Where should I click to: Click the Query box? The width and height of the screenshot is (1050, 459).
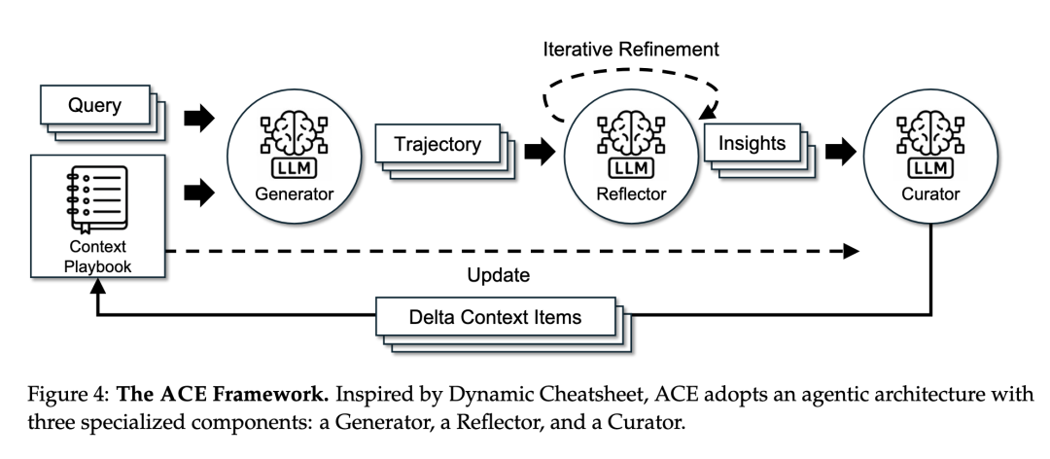[x=95, y=105]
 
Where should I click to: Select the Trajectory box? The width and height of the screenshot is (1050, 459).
[x=437, y=143]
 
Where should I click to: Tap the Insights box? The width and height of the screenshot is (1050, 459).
[x=752, y=143]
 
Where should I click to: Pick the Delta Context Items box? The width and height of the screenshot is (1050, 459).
[x=496, y=316]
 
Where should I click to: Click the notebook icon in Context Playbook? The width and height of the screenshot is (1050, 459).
[x=96, y=199]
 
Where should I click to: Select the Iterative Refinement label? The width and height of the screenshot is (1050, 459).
[x=631, y=50]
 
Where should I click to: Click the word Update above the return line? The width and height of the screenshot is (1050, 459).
[x=498, y=275]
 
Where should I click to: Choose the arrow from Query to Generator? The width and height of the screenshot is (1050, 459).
[x=199, y=119]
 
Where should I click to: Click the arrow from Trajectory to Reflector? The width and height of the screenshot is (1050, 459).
[x=539, y=152]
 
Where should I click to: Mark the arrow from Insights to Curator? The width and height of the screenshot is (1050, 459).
[x=840, y=152]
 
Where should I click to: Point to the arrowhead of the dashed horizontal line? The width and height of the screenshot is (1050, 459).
[x=851, y=251]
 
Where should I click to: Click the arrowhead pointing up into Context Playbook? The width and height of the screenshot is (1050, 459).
[x=98, y=286]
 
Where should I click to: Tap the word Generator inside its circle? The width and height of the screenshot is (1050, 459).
[x=294, y=194]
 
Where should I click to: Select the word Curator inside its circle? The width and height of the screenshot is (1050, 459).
[x=930, y=194]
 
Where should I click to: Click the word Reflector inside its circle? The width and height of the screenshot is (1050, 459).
[x=631, y=194]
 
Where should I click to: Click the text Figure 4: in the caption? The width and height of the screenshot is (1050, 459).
[x=69, y=395]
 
